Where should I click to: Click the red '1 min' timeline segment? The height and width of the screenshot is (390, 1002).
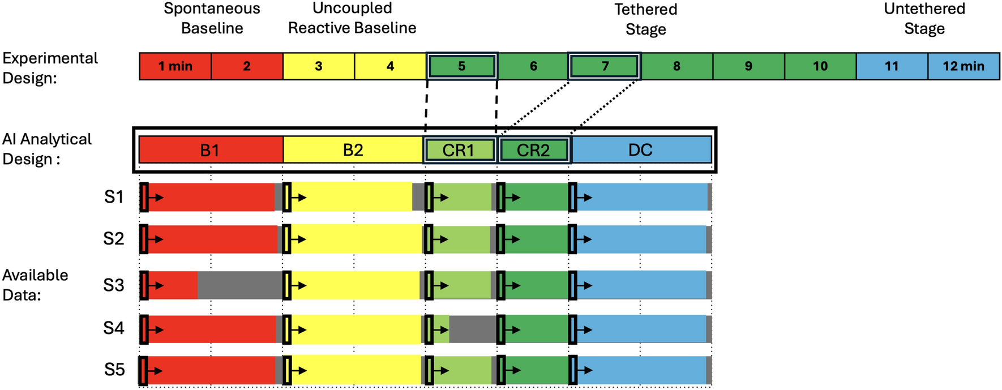(x=175, y=66)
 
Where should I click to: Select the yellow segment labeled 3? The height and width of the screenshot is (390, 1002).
(x=318, y=66)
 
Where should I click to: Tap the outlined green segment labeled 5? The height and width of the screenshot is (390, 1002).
(x=462, y=66)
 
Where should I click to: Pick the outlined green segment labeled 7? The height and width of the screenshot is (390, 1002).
(x=605, y=66)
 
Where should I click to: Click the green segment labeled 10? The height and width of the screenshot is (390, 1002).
(x=820, y=66)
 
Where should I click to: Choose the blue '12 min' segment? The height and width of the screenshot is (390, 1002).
(x=963, y=66)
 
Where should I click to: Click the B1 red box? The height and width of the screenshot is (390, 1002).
(x=211, y=150)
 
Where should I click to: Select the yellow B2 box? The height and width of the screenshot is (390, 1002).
(x=353, y=150)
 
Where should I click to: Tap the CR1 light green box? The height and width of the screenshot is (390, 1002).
(x=459, y=150)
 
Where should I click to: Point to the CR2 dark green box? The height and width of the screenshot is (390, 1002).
(x=533, y=150)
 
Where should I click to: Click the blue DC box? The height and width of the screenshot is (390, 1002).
(x=641, y=150)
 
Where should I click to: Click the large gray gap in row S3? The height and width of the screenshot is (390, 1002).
(x=239, y=285)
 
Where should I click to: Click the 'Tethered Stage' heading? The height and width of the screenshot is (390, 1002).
(x=645, y=19)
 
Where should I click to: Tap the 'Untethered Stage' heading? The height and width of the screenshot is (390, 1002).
(x=924, y=19)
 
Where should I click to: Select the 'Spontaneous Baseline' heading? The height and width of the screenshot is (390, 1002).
(x=212, y=18)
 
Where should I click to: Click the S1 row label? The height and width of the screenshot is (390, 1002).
(x=114, y=197)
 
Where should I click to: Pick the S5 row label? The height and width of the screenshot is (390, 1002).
(x=114, y=370)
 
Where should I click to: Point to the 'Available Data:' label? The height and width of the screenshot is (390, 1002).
(x=35, y=285)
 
